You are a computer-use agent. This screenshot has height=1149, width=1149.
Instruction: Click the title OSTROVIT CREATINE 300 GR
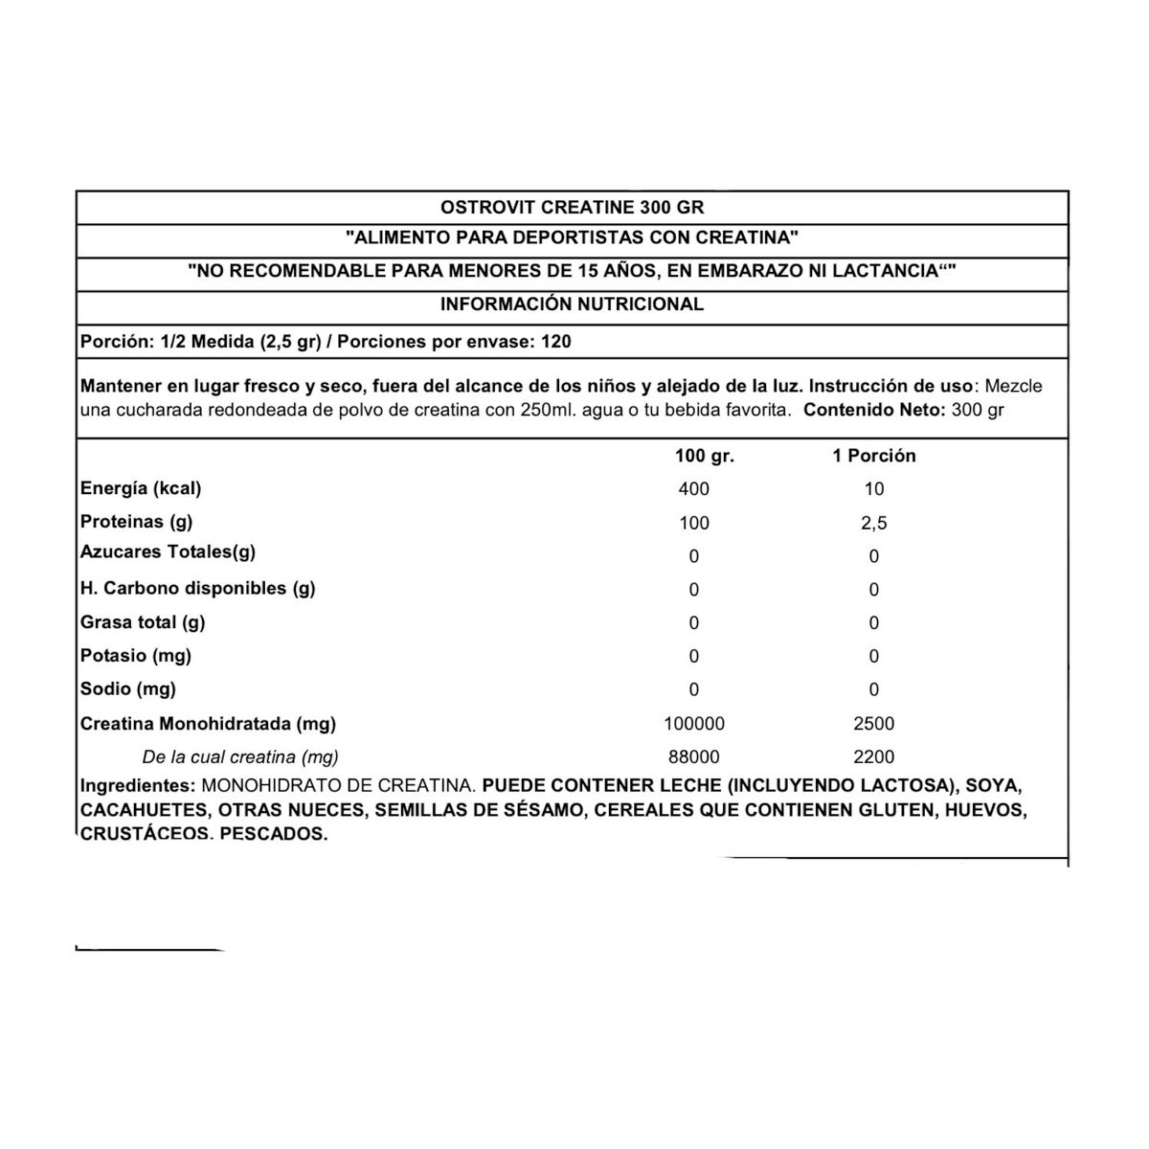(x=572, y=207)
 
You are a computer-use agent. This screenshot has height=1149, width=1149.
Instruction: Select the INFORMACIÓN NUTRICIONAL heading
(x=572, y=304)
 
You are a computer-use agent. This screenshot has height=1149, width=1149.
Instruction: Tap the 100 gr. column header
(x=705, y=456)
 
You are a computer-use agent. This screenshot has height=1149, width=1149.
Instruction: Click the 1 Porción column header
(x=873, y=456)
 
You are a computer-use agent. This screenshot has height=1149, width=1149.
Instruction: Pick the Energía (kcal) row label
(x=141, y=488)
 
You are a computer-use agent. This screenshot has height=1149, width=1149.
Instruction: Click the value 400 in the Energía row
(x=693, y=489)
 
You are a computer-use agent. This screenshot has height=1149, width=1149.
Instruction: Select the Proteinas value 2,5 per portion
(x=873, y=523)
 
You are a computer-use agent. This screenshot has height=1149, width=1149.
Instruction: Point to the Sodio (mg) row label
(x=128, y=688)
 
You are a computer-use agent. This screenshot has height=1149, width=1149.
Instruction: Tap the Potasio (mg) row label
(x=136, y=656)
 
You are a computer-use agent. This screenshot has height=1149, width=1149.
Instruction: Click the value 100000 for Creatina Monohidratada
(x=693, y=724)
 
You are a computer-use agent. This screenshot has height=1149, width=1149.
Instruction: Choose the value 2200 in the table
(x=873, y=757)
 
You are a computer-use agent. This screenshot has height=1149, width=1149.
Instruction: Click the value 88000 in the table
(x=693, y=757)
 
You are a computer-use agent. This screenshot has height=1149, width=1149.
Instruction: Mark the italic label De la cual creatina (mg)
(x=240, y=757)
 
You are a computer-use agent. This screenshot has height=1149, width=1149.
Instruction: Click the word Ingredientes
(x=138, y=786)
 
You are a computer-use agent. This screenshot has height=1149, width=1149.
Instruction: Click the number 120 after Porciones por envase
(x=556, y=342)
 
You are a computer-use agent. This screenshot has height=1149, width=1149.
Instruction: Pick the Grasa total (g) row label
(x=143, y=622)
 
